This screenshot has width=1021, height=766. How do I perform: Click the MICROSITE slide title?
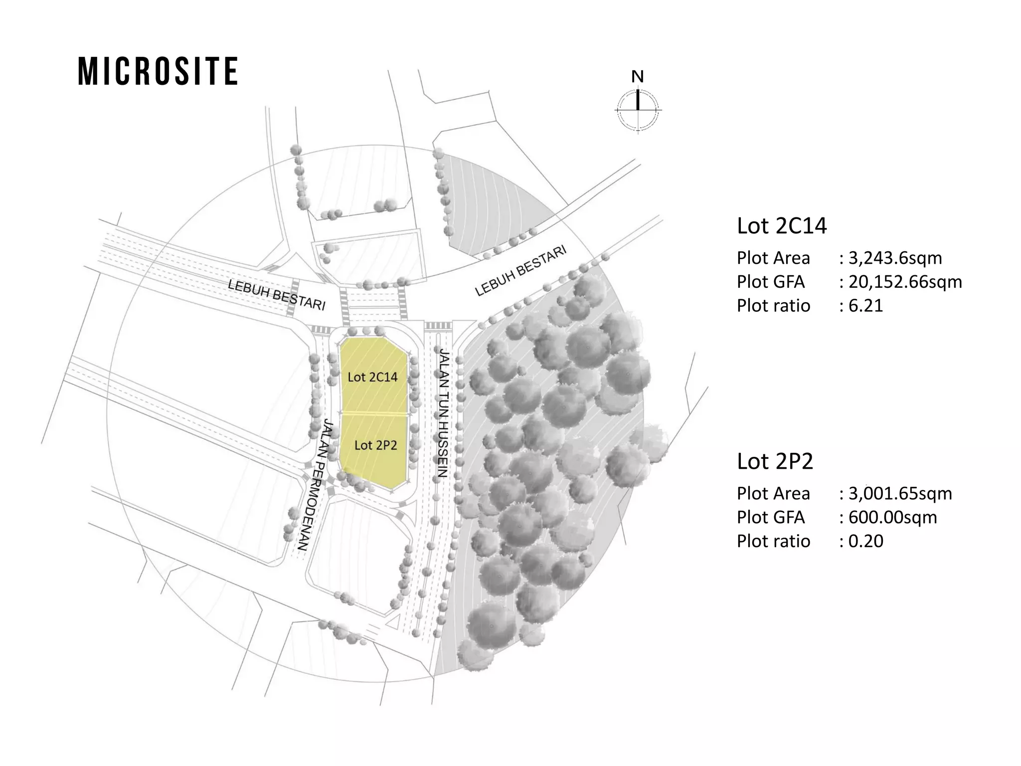tap(158, 71)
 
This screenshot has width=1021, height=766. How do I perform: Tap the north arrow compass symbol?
tap(638, 109)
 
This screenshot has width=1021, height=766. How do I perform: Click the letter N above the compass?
tap(637, 77)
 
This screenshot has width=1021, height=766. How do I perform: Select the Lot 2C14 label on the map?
tap(372, 377)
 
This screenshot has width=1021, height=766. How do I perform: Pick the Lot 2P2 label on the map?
tap(375, 445)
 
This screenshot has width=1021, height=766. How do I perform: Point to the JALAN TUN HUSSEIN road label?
tap(443, 414)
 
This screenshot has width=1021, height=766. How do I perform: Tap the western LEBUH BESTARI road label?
tap(277, 295)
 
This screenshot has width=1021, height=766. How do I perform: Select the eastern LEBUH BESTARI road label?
tap(521, 271)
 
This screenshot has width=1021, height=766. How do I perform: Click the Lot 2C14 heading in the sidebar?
tap(782, 226)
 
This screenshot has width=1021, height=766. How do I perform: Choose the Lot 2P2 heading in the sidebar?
tap(775, 461)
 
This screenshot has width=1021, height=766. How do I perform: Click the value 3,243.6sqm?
tap(895, 258)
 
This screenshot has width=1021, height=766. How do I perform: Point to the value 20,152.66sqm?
tap(905, 282)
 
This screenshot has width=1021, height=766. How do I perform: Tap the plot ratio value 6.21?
tap(865, 306)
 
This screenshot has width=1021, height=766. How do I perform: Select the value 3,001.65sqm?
tap(900, 493)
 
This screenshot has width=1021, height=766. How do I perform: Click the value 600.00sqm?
tap(892, 517)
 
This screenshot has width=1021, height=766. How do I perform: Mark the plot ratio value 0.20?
tap(866, 541)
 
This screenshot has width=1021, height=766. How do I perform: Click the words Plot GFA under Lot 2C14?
tap(771, 282)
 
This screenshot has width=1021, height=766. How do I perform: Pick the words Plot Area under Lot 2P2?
tap(773, 493)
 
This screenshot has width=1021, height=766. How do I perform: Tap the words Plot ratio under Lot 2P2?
tap(773, 541)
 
